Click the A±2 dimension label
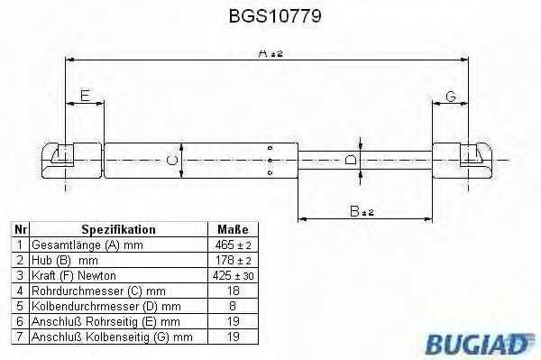click(269, 54)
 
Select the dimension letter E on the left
click(84, 95)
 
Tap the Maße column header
click(226, 230)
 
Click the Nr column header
click(20, 230)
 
